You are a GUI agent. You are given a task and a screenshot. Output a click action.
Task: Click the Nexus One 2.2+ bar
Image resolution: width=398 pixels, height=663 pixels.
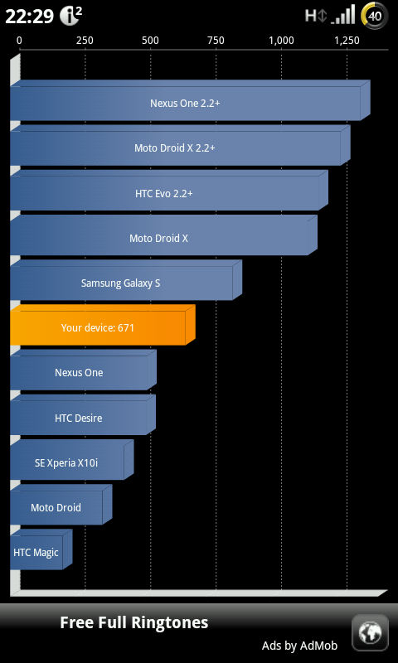point(190,100)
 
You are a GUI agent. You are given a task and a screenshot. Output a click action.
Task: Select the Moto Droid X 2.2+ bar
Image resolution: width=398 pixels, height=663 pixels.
point(180,145)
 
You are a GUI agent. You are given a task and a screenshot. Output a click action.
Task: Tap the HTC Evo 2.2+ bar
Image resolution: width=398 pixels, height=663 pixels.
point(169,191)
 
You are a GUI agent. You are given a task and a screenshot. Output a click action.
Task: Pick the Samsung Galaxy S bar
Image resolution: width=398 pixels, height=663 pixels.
point(126,280)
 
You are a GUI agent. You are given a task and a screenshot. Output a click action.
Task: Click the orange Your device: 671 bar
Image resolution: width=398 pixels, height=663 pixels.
point(103,325)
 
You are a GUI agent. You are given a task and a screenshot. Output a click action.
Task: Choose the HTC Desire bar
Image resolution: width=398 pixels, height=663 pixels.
point(83,415)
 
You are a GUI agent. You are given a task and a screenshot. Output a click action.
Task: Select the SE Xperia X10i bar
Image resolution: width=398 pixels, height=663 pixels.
point(72,460)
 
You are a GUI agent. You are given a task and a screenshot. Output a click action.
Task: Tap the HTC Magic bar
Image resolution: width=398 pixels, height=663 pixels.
point(41,549)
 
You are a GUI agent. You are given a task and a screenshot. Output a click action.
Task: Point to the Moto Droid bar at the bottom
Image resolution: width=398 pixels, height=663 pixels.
point(61,505)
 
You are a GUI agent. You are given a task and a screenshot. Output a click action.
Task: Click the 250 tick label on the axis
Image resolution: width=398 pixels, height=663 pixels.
point(85,41)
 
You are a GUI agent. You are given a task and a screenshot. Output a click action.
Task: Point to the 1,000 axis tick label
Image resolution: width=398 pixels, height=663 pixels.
point(281,41)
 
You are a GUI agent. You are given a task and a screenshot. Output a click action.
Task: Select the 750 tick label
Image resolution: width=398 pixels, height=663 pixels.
point(216,41)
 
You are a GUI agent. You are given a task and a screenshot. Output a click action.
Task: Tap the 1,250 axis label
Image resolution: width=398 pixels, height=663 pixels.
point(347,41)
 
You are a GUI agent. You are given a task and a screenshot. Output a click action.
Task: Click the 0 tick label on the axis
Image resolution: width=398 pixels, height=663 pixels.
point(19,41)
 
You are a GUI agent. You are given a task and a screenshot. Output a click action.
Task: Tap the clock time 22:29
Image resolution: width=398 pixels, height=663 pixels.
point(30,17)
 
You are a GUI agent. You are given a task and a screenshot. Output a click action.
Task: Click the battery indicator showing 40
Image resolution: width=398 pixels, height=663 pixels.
point(374,16)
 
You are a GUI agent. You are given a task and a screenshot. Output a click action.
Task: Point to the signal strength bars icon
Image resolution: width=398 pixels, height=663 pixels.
point(343,16)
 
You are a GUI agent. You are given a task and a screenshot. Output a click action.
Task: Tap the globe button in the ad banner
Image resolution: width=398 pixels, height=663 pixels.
point(370,633)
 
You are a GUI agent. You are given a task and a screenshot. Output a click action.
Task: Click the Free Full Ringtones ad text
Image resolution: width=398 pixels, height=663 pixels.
point(134,623)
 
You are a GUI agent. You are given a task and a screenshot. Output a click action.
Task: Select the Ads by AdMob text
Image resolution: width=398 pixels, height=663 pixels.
point(300,646)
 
